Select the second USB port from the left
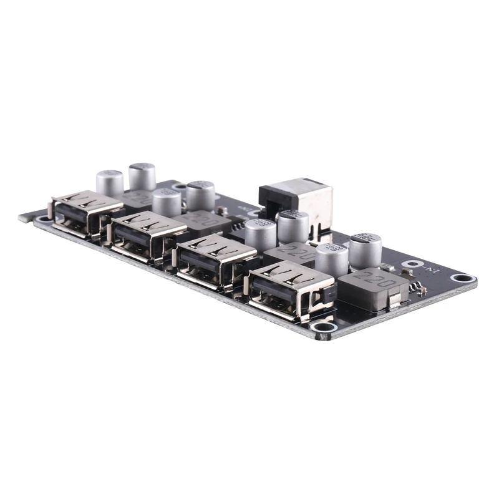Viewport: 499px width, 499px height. (147, 235)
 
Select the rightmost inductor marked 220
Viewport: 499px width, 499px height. (371, 288)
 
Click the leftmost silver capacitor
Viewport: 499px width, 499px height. (110, 182)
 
